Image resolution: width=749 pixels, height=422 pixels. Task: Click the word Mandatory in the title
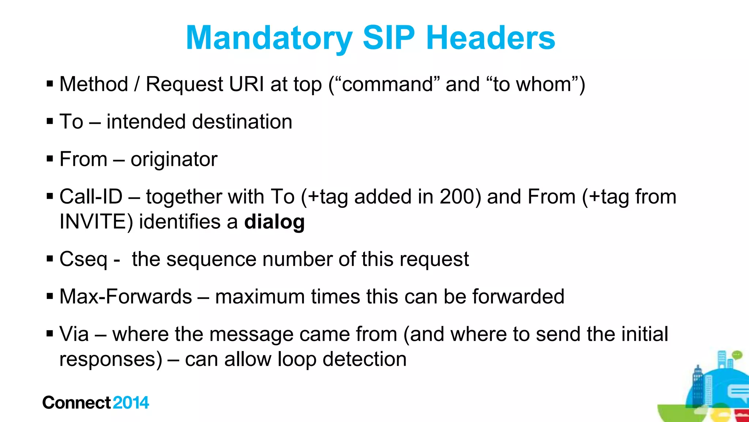point(269,38)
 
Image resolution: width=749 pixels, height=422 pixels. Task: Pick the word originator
point(174,159)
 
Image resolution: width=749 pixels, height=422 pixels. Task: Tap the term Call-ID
point(91,197)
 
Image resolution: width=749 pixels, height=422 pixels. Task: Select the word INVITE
point(93,222)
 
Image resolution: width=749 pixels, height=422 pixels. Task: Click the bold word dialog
point(274,222)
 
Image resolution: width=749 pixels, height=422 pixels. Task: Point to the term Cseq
point(83,259)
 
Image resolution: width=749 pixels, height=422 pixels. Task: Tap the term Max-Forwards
point(125,296)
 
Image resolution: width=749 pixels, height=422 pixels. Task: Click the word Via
point(74,334)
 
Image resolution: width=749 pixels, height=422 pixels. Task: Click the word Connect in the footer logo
point(76,403)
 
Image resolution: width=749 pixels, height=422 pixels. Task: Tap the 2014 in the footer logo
point(131,403)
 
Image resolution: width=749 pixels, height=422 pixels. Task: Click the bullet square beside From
point(50,159)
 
